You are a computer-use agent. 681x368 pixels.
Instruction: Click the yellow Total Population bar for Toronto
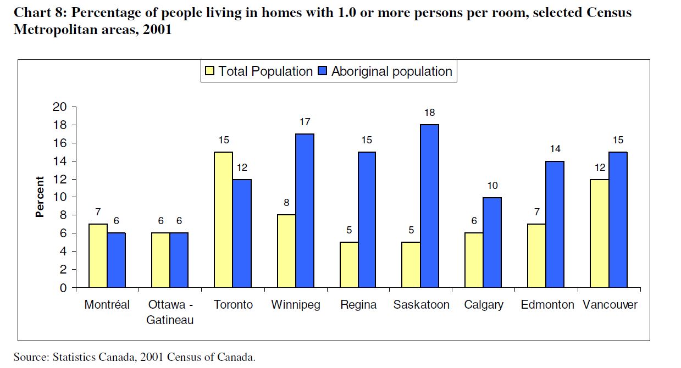click(223, 220)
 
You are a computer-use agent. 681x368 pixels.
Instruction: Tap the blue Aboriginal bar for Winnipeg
click(304, 210)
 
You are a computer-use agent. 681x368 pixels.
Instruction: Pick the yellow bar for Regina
click(348, 265)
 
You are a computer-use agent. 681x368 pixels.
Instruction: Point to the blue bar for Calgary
click(491, 242)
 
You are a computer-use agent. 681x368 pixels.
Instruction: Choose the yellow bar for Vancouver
click(599, 233)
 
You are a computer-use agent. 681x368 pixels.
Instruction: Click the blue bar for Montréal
click(116, 260)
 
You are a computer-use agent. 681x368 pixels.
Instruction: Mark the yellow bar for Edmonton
click(536, 256)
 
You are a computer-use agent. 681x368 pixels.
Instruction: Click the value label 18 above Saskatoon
click(429, 113)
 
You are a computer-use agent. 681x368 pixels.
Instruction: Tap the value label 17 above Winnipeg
click(304, 121)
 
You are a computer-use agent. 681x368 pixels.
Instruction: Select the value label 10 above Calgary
click(492, 186)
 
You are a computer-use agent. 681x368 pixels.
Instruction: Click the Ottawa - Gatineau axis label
click(170, 312)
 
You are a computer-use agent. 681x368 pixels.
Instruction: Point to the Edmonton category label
click(547, 305)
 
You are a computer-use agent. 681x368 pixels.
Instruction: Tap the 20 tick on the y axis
click(59, 107)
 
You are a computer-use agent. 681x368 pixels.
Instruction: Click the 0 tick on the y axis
click(63, 288)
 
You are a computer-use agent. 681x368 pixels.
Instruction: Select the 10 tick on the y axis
click(59, 197)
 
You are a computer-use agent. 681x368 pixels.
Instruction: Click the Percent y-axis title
click(40, 197)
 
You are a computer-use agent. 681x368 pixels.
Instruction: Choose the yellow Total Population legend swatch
click(209, 71)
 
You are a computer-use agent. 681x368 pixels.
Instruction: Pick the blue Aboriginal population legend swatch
click(322, 71)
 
